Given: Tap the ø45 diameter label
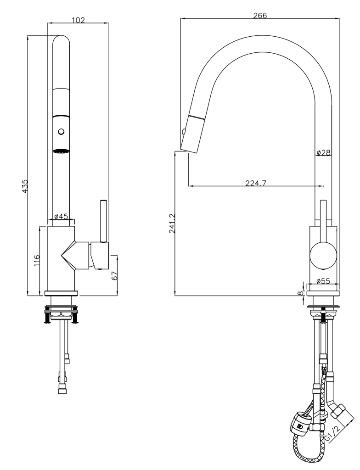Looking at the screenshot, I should click(x=61, y=216).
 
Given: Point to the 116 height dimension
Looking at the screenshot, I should click(x=38, y=260).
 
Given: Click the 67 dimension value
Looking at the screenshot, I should click(x=115, y=276).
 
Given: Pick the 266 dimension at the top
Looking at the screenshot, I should click(x=260, y=15).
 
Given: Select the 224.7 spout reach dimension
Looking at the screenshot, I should click(x=256, y=183).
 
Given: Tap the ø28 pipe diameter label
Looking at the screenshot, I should click(x=323, y=152).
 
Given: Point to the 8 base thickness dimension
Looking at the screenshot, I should click(x=300, y=292).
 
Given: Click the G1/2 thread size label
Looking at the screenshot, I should click(x=333, y=432).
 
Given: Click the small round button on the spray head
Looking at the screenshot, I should click(x=61, y=132).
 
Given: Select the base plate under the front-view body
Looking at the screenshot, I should click(x=62, y=293).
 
